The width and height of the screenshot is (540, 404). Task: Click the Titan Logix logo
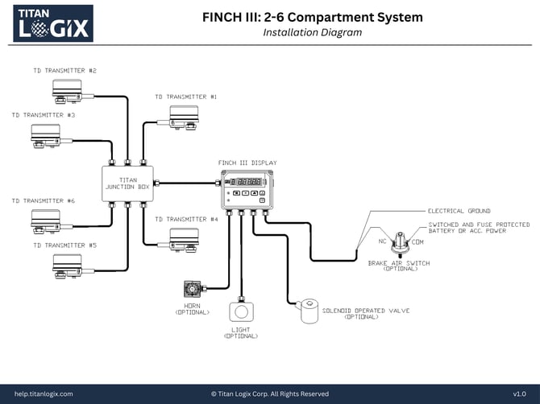pyautogui.click(x=48, y=23)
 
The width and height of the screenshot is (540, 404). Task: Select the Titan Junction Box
pyautogui.click(x=128, y=183)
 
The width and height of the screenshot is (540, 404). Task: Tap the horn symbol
pyautogui.click(x=193, y=288)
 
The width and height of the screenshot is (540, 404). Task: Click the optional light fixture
pyautogui.click(x=241, y=310)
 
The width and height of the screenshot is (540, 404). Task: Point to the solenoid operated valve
pyautogui.click(x=313, y=310)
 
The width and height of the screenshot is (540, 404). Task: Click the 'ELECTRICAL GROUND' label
pyautogui.click(x=459, y=211)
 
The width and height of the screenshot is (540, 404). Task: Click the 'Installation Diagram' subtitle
pyautogui.click(x=312, y=33)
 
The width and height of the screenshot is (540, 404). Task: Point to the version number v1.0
pyautogui.click(x=520, y=394)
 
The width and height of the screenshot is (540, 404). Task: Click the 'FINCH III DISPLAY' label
pyautogui.click(x=247, y=163)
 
